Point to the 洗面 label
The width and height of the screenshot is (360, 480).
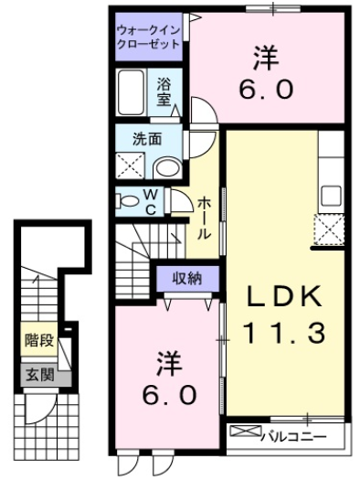coord(147,141)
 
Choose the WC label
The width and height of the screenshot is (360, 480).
coord(151,201)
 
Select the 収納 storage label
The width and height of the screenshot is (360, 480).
coord(189,277)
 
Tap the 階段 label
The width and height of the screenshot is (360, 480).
coord(38,342)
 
